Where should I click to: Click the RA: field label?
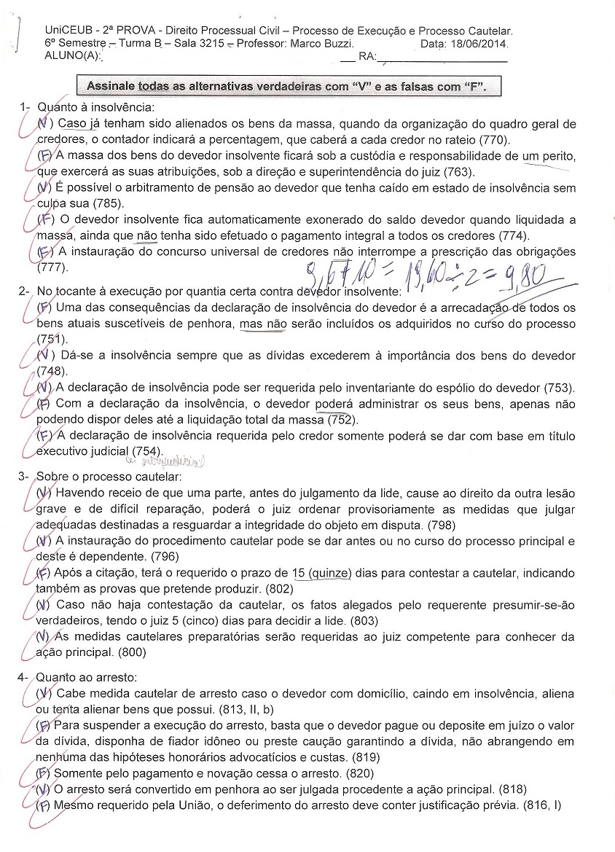(367, 56)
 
